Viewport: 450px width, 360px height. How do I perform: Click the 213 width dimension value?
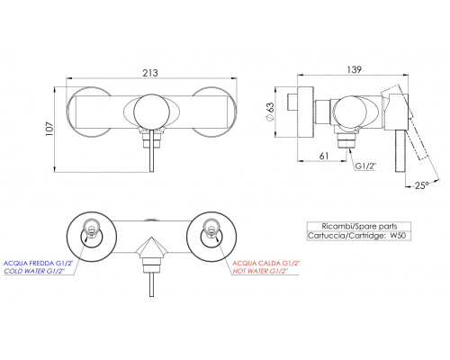(x=150, y=73)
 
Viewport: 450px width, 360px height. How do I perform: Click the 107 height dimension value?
(x=49, y=129)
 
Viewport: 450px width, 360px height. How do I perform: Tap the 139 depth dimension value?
(x=355, y=69)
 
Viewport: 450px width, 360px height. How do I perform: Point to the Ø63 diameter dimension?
(x=270, y=112)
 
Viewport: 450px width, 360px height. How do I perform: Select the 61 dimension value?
(x=324, y=156)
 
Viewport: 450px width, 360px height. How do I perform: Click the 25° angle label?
(x=422, y=185)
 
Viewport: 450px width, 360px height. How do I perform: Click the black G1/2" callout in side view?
(x=365, y=166)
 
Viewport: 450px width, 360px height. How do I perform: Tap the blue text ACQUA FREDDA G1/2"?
(x=38, y=264)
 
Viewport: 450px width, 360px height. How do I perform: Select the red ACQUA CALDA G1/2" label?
(x=266, y=264)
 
